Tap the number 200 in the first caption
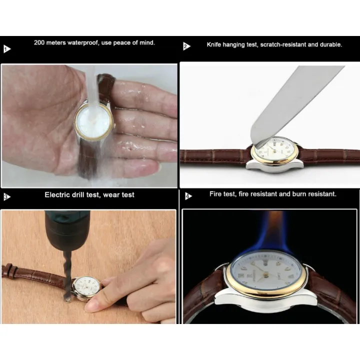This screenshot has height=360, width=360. click(39, 42)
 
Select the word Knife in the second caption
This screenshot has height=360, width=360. click(214, 44)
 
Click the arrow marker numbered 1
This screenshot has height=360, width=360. click(7, 49)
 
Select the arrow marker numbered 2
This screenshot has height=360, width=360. click(186, 46)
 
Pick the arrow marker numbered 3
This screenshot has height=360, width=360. click(7, 197)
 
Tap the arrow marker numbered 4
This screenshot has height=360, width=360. click(188, 196)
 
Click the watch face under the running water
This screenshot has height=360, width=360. click(93, 121)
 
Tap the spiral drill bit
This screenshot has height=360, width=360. click(67, 275)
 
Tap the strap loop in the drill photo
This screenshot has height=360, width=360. click(8, 270)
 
